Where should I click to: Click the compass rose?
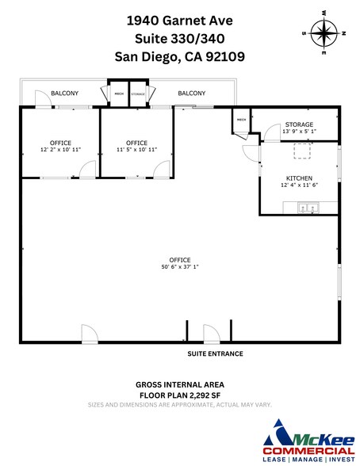324,32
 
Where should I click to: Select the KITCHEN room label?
299,178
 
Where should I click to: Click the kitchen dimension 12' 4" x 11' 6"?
299,185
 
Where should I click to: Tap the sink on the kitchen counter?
307,208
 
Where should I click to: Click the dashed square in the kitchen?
302,151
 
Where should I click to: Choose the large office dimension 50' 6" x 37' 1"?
179,267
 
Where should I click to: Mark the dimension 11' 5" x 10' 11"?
137,149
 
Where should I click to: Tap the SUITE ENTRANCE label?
215,353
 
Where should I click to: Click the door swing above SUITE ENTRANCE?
211,334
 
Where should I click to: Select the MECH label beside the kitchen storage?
240,120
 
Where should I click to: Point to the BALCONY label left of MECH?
64,94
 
